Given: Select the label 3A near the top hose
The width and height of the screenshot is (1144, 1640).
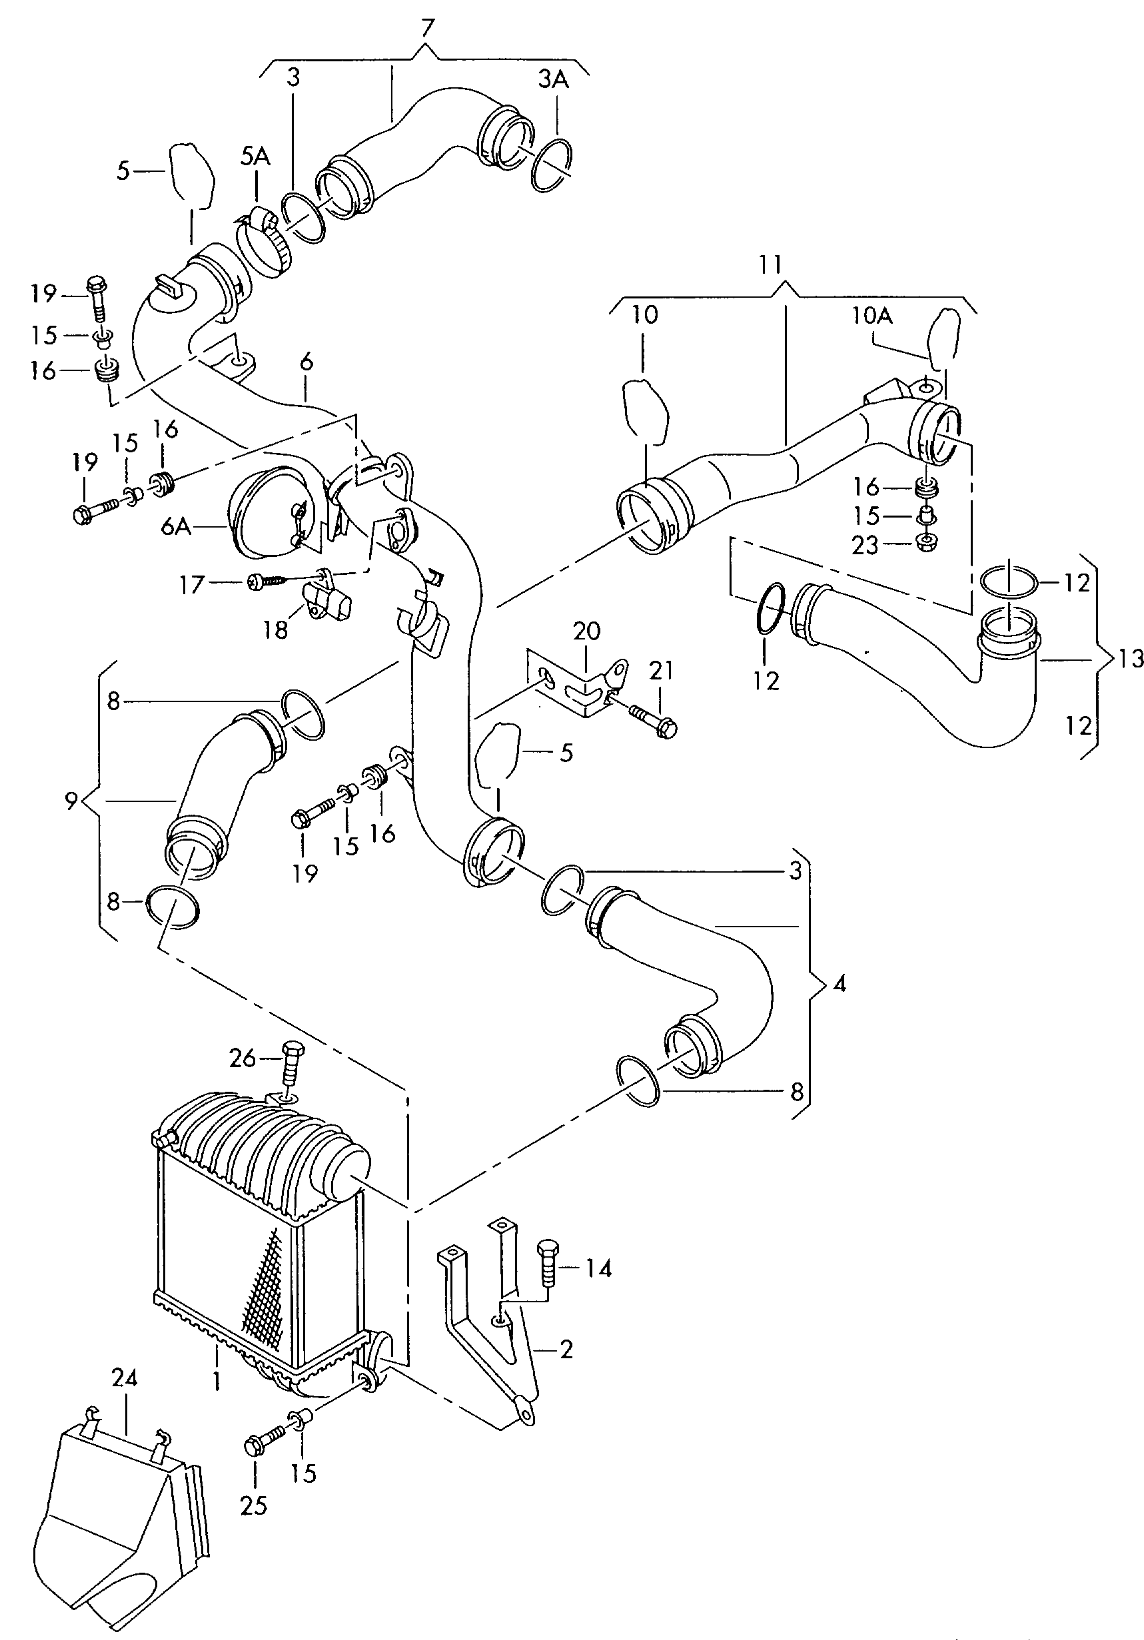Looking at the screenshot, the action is click(x=553, y=79).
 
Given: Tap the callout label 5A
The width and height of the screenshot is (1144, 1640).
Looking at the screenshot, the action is click(x=255, y=157).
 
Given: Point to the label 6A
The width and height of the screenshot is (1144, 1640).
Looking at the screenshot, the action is click(x=176, y=526).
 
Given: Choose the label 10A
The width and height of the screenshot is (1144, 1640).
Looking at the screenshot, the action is click(x=871, y=315).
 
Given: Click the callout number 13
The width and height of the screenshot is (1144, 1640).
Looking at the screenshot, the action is click(x=1131, y=658).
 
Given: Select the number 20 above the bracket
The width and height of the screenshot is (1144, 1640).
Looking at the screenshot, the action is click(x=586, y=631).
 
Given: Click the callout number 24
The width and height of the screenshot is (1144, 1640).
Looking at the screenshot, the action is click(x=125, y=1378).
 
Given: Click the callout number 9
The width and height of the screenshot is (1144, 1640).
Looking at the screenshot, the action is click(x=71, y=801).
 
